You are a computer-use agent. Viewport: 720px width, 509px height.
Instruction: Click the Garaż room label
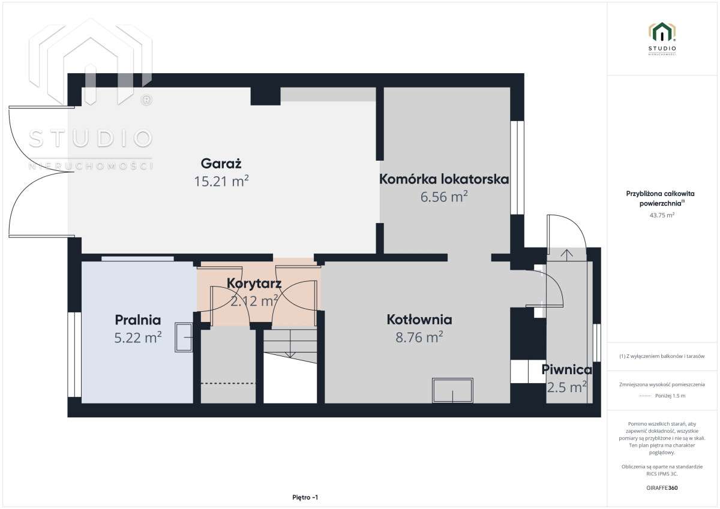pyautogui.click(x=221, y=163)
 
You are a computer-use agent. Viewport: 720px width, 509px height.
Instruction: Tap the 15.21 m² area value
pyautogui.click(x=221, y=181)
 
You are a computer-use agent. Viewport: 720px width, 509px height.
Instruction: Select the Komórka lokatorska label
pyautogui.click(x=444, y=179)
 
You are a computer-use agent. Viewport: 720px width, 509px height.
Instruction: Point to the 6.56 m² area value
pyautogui.click(x=444, y=197)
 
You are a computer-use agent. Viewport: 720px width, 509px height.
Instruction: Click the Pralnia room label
pyautogui.click(x=137, y=320)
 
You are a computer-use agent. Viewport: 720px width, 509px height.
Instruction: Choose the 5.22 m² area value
pyautogui.click(x=137, y=338)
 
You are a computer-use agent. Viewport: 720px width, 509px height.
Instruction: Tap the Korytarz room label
pyautogui.click(x=254, y=283)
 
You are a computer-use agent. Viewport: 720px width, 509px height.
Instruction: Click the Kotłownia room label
pyautogui.click(x=419, y=320)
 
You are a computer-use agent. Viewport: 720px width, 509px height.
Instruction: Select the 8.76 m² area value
pyautogui.click(x=419, y=338)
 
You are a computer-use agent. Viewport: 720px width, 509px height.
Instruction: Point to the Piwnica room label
pyautogui.click(x=566, y=369)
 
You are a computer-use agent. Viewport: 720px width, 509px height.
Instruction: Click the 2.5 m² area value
pyautogui.click(x=566, y=387)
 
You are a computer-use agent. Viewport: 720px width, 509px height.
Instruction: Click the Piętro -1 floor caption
pyautogui.click(x=305, y=497)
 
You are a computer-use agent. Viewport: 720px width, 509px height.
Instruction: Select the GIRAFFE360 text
pyautogui.click(x=662, y=488)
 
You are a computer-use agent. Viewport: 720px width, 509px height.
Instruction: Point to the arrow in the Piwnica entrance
pyautogui.click(x=566, y=254)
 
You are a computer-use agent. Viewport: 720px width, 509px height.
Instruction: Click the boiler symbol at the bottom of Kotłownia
pyautogui.click(x=452, y=390)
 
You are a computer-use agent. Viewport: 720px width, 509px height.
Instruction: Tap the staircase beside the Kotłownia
pyautogui.click(x=290, y=366)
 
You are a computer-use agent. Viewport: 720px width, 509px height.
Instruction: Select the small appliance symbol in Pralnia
pyautogui.click(x=184, y=338)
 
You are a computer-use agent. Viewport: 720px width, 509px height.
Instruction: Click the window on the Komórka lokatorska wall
pyautogui.click(x=517, y=168)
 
